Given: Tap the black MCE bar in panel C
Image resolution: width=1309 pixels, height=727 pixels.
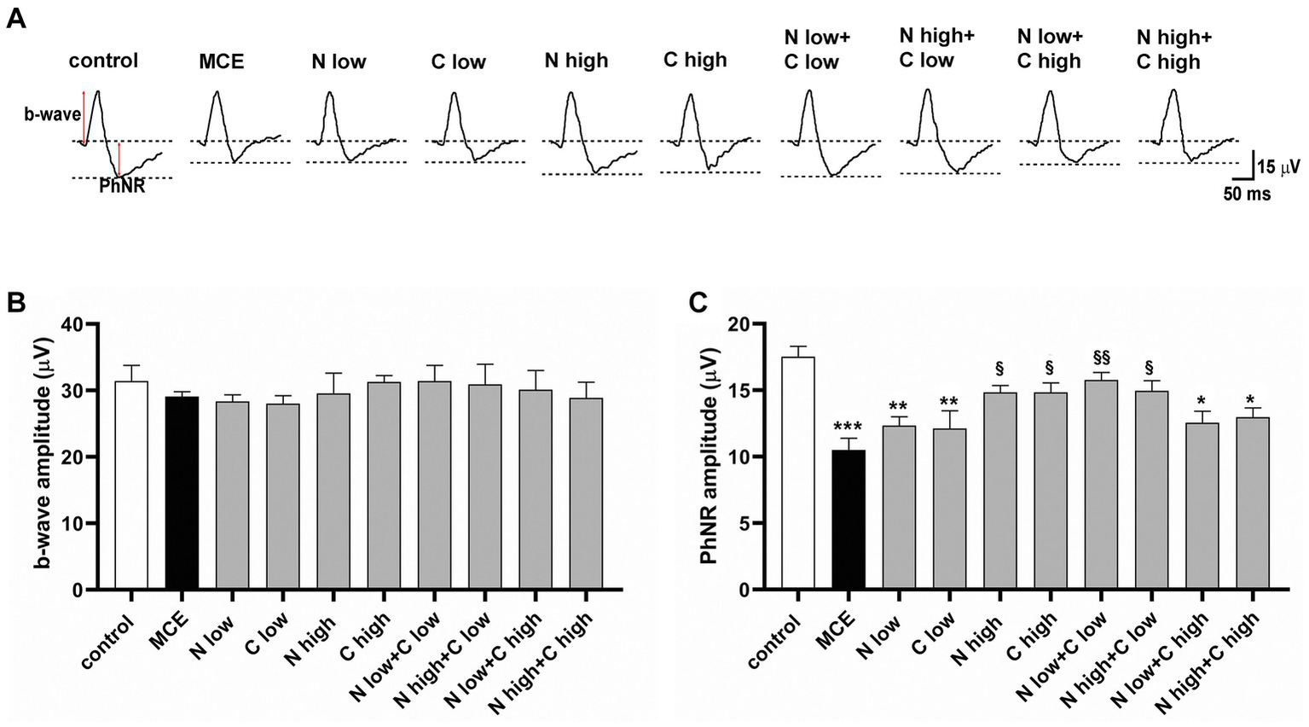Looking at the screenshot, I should (x=849, y=520).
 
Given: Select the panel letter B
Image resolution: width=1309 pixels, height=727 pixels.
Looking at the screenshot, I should (x=15, y=302).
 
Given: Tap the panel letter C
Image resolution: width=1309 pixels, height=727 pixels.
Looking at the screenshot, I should (x=698, y=302).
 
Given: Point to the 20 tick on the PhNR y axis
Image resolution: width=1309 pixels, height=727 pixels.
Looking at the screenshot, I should (x=738, y=325).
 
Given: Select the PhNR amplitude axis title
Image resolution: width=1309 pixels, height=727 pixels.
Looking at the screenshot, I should (x=708, y=457).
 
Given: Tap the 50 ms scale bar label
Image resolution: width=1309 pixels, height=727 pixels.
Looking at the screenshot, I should (x=1247, y=195).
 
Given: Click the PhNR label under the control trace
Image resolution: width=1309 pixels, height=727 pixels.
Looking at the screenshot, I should (x=121, y=187).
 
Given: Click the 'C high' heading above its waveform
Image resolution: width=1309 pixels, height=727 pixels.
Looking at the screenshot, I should (x=695, y=60).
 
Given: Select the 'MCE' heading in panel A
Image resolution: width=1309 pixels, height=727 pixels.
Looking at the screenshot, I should (x=221, y=61).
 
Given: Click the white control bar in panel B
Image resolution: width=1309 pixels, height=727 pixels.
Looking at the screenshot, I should (x=131, y=486).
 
